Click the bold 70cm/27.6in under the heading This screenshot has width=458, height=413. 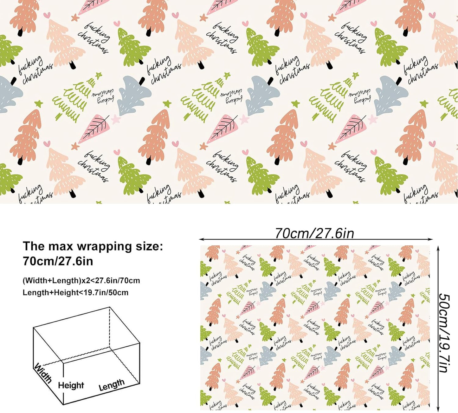pos(58,261)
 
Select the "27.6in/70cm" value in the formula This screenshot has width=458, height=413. pos(118,281)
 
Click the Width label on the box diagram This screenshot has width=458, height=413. pos(42,373)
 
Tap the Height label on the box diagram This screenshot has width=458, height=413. pos(71,385)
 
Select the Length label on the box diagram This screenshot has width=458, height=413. pos(112,385)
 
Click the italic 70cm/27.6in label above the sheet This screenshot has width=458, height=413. pos(314,233)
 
